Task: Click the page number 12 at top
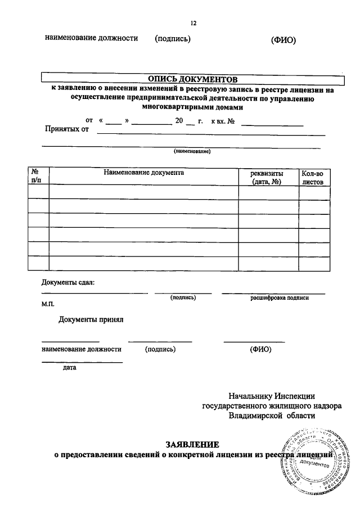[x=193, y=23]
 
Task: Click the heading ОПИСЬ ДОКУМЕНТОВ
[x=192, y=79]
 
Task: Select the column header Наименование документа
[x=143, y=173]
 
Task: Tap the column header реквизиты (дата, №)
[x=267, y=178]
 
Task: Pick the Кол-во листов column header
[x=313, y=178]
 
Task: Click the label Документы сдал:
[x=68, y=282]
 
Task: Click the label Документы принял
[x=91, y=320]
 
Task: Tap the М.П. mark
[x=47, y=303]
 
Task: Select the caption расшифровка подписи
[x=280, y=298]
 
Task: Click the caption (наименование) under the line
[x=192, y=152]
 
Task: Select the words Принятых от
[x=67, y=129]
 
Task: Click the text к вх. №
[x=223, y=121]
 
